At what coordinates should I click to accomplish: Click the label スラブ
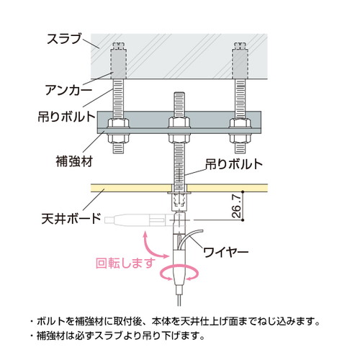[x=64, y=39]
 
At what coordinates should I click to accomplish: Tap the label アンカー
[x=68, y=90]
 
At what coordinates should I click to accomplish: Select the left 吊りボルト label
[x=67, y=117]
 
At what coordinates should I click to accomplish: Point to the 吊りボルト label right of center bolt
[x=234, y=164]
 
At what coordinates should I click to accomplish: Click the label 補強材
[x=74, y=161]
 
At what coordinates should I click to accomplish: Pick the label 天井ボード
[x=71, y=218]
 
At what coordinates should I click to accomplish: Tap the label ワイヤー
[x=226, y=252]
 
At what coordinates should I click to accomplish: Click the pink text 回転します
[x=125, y=263]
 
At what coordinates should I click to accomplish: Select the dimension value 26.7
[x=237, y=206]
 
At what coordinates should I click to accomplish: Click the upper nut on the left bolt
[x=119, y=123]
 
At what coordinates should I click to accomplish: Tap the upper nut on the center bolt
[x=179, y=122]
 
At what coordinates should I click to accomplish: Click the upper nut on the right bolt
[x=240, y=123]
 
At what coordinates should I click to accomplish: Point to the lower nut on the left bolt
[x=119, y=138]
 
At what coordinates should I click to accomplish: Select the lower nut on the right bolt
[x=240, y=138]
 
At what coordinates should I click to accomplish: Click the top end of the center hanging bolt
[x=179, y=92]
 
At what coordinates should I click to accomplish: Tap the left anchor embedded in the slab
[x=119, y=60]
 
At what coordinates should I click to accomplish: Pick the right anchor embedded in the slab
[x=240, y=60]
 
